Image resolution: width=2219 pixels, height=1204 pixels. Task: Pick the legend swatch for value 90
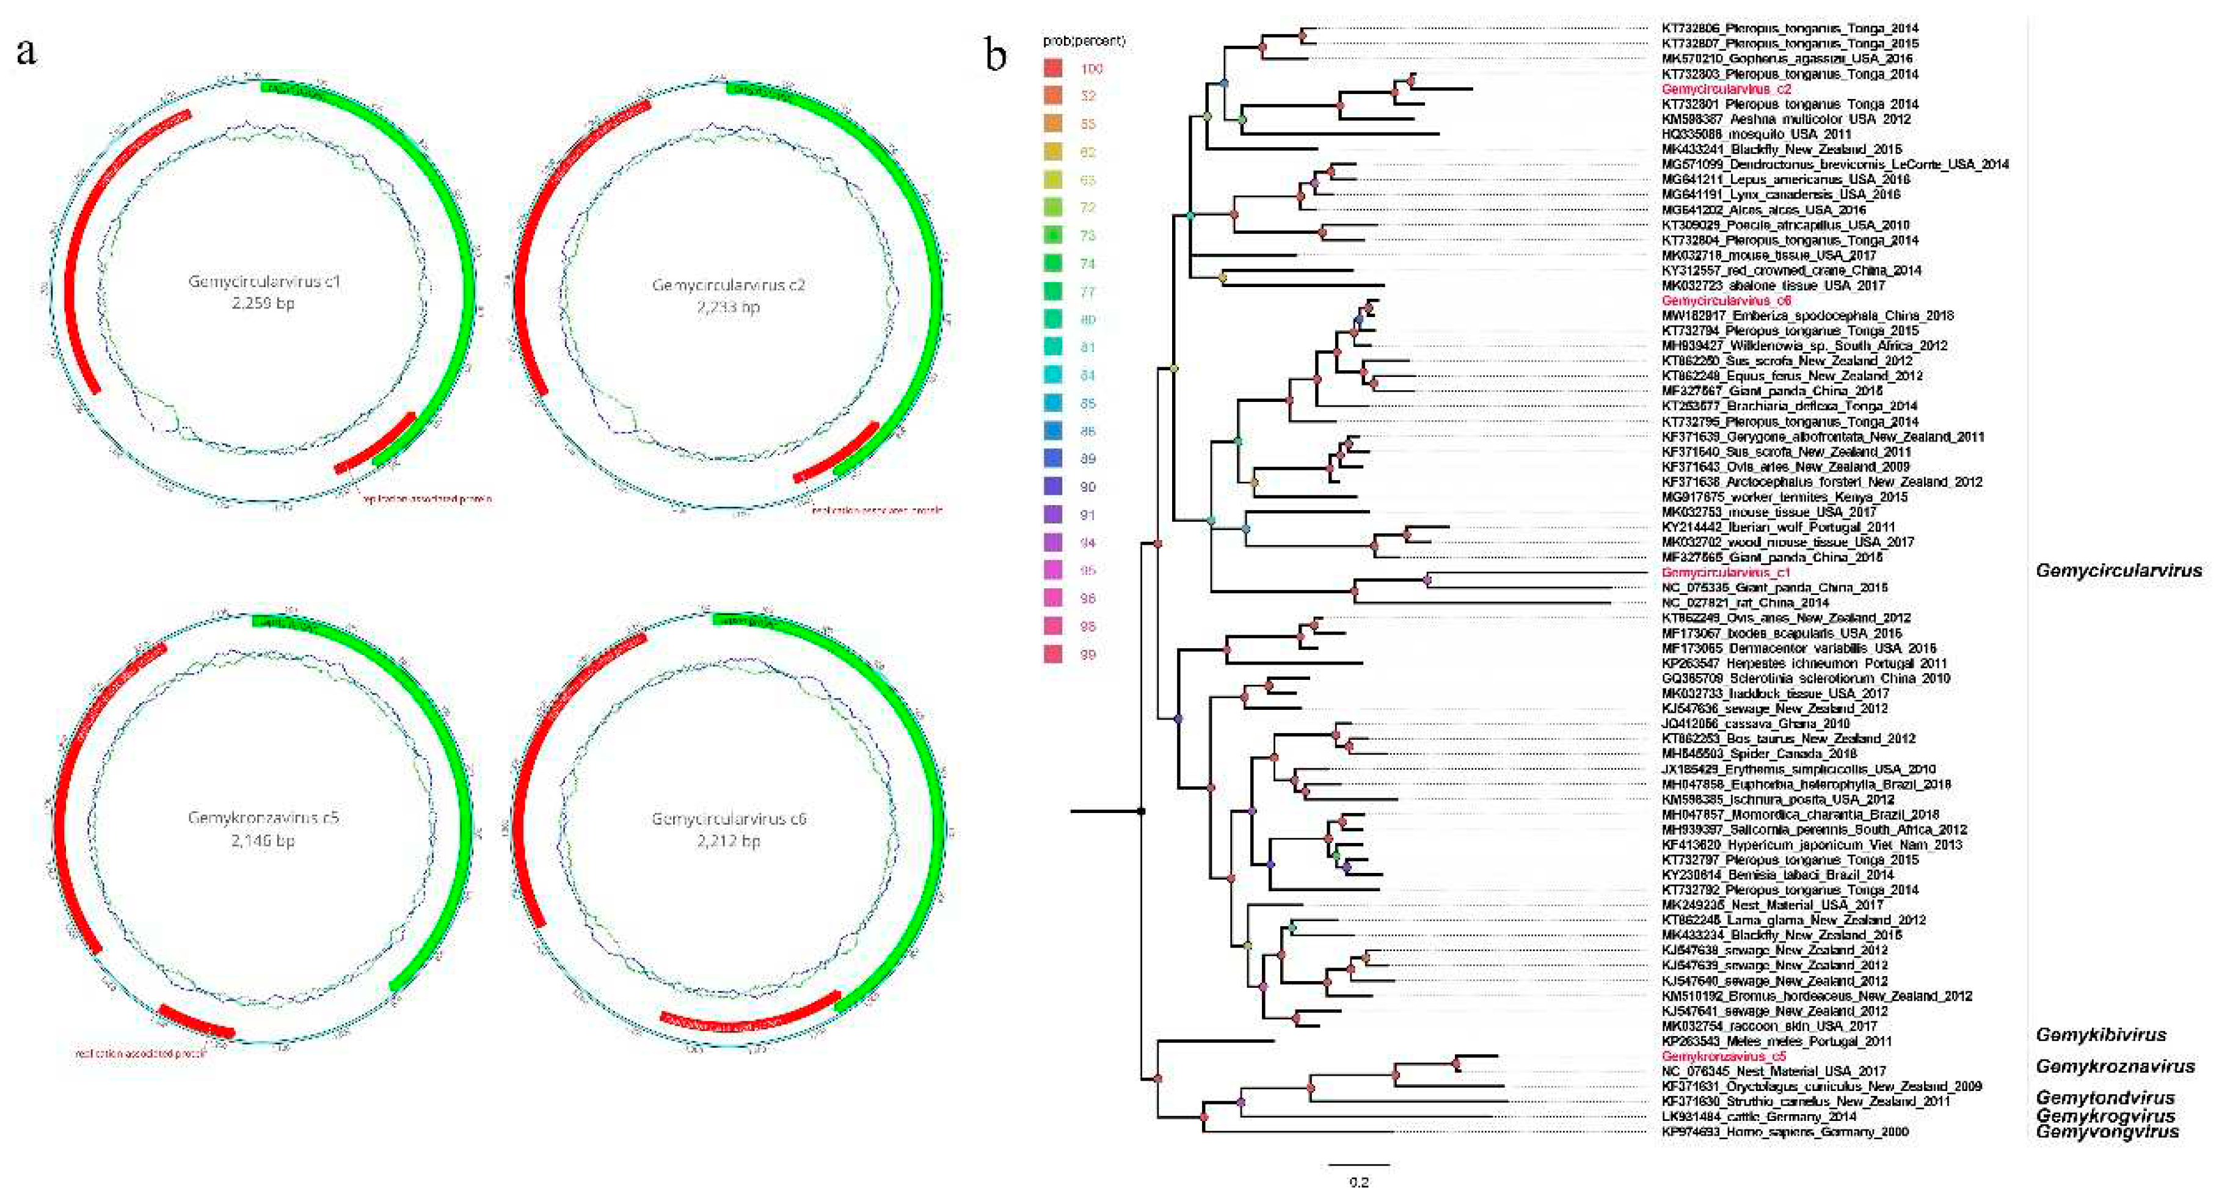tap(1052, 487)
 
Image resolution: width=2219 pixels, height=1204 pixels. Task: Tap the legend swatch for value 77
tap(1052, 291)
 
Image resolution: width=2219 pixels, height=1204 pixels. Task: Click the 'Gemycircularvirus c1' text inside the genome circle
tap(264, 282)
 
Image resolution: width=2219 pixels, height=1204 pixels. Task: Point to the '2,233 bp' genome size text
tap(728, 307)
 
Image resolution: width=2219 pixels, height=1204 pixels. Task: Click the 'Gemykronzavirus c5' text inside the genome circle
tap(264, 817)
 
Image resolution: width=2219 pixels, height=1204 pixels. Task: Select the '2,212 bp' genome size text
tap(728, 841)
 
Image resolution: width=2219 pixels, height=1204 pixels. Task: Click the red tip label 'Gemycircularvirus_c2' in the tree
tap(1725, 89)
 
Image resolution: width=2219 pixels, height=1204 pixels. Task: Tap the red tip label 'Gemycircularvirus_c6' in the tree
tap(1725, 301)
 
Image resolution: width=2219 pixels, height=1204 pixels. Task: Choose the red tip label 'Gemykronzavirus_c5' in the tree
tap(1724, 1056)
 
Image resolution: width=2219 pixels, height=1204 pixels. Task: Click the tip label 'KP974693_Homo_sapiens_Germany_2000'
tap(1784, 1132)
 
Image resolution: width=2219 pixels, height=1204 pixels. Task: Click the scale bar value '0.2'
tap(1358, 1181)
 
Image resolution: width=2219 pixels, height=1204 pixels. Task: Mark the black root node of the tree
tap(1142, 811)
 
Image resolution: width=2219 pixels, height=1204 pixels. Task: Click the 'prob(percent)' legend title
tap(1084, 40)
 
